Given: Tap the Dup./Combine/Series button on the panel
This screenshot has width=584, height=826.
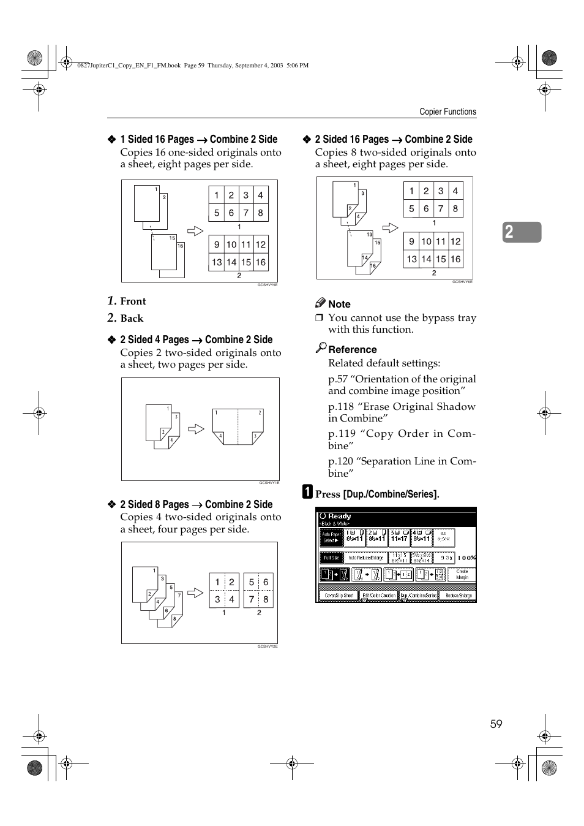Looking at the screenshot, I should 418,595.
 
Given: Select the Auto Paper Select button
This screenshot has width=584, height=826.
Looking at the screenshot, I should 331,537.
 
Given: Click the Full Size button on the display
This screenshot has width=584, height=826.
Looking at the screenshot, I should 331,558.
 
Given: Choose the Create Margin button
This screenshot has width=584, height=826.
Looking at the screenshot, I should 462,574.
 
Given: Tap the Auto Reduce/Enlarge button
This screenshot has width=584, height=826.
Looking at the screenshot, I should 365,558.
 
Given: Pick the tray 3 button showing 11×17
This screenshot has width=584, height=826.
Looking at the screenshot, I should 399,537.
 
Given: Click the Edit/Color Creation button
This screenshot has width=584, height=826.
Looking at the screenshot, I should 379,595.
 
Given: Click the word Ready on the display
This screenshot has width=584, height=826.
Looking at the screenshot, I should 339,516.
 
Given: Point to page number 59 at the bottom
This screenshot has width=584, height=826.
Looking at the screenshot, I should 496,724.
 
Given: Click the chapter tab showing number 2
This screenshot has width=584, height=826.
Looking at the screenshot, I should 522,232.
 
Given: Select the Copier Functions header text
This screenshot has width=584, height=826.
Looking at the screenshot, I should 447,112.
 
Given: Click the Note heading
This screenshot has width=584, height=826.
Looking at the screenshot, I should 339,304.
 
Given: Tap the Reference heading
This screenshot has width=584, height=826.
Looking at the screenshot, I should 352,349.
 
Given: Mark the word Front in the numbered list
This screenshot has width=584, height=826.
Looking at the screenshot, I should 133,301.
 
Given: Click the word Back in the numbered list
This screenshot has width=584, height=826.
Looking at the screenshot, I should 132,318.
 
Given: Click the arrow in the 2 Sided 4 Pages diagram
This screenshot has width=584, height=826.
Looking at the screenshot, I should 196,429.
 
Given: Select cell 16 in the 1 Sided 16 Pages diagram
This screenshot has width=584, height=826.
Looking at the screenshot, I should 261,262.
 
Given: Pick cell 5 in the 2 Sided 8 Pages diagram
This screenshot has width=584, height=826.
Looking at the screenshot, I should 251,582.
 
